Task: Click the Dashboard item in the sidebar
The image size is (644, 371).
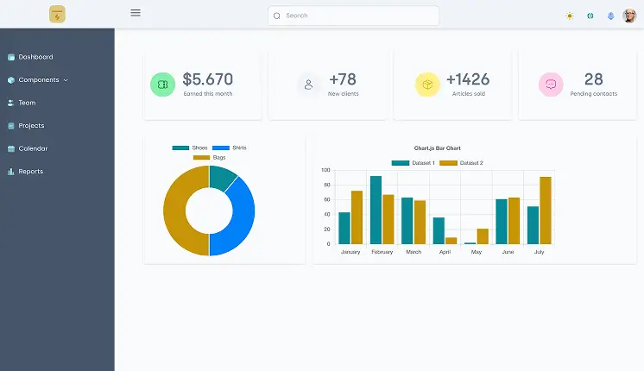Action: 35,57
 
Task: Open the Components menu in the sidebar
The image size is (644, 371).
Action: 39,80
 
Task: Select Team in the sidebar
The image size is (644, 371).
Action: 27,103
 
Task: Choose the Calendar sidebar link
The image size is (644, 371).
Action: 33,148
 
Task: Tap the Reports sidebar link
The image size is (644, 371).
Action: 30,172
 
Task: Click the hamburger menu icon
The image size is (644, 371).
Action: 136,13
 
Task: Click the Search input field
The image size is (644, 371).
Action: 354,16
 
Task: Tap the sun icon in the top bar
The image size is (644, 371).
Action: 569,16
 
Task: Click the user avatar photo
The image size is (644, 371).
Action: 629,16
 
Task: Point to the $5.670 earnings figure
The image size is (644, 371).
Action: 208,79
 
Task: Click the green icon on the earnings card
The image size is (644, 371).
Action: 162,85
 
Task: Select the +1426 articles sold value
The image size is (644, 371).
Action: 468,79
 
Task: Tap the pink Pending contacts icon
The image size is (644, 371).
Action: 550,85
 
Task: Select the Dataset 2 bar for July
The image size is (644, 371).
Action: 545,211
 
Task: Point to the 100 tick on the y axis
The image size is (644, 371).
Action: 325,170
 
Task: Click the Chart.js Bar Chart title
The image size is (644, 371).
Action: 437,148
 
